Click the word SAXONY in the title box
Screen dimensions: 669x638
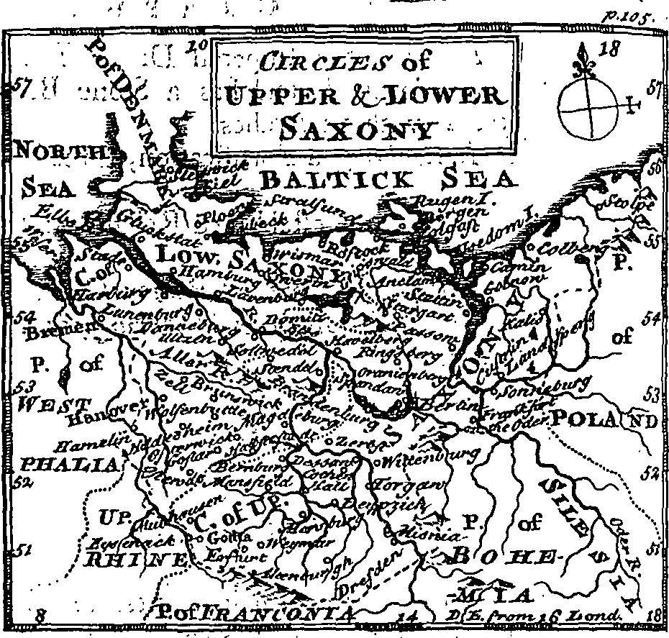click(x=347, y=129)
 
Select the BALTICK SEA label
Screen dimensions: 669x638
click(x=388, y=179)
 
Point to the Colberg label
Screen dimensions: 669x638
click(x=568, y=248)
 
